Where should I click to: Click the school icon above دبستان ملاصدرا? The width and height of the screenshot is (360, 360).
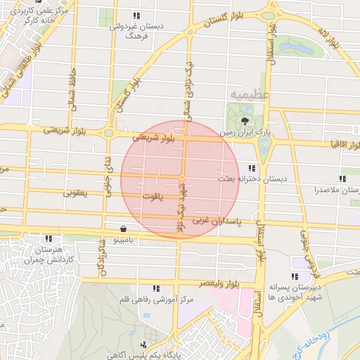pos(342,179)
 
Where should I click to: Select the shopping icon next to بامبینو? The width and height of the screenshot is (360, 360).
pos(124,228)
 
